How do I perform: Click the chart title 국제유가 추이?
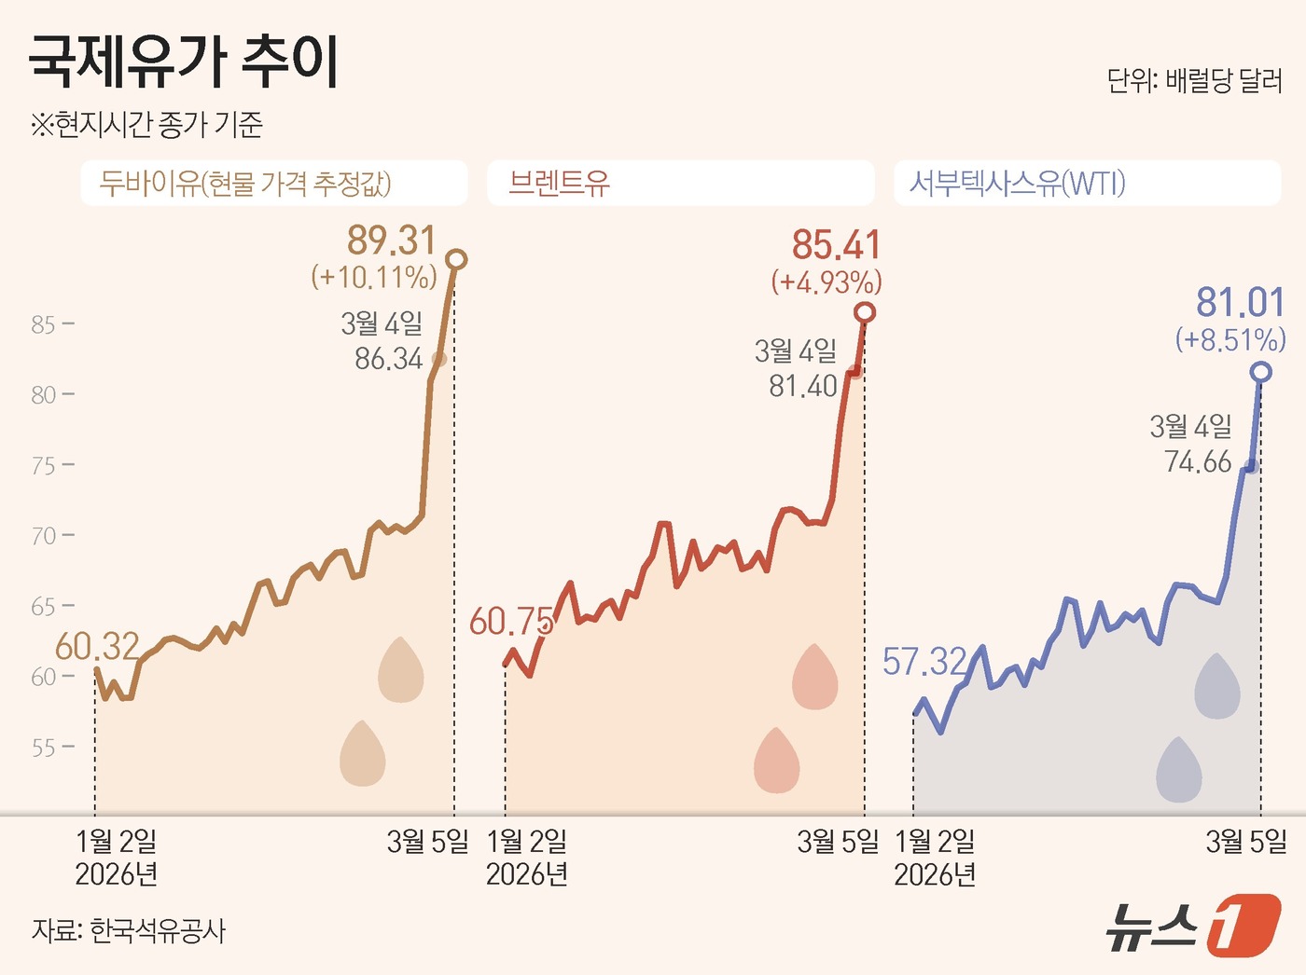[x=183, y=62]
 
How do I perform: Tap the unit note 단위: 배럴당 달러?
[x=1194, y=81]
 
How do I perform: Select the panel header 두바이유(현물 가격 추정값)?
[x=245, y=183]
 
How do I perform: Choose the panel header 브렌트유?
[x=560, y=183]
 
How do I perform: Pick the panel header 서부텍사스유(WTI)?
[x=1017, y=183]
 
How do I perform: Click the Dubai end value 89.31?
[x=391, y=240]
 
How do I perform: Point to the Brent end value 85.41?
[x=836, y=245]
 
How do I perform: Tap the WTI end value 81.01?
[x=1240, y=303]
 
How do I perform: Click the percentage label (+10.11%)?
[x=374, y=277]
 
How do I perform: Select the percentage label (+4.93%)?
[x=826, y=282]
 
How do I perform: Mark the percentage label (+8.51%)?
[x=1230, y=339]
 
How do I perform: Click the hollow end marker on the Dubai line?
[x=456, y=259]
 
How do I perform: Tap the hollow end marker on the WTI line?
[x=1261, y=372]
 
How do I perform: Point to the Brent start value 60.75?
[x=511, y=622]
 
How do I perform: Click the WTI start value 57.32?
[x=924, y=662]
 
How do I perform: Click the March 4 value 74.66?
[x=1198, y=461]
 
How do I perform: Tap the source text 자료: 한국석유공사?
[x=129, y=930]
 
